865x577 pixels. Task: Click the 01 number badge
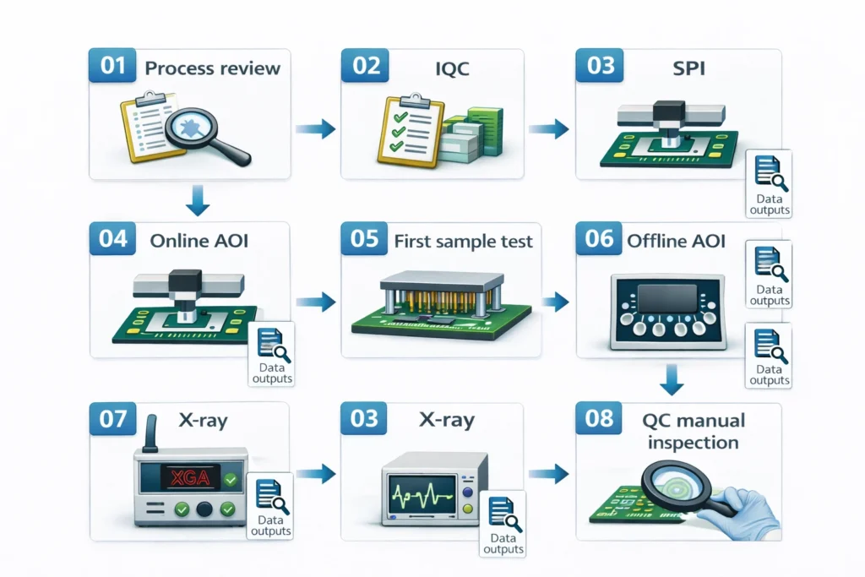(113, 67)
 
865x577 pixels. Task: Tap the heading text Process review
(212, 68)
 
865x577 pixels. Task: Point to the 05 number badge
(364, 239)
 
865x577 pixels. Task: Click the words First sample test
(464, 242)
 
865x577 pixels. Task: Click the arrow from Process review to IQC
(316, 129)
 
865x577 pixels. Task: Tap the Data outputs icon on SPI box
(770, 184)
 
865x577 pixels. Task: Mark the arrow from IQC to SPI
(549, 129)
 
